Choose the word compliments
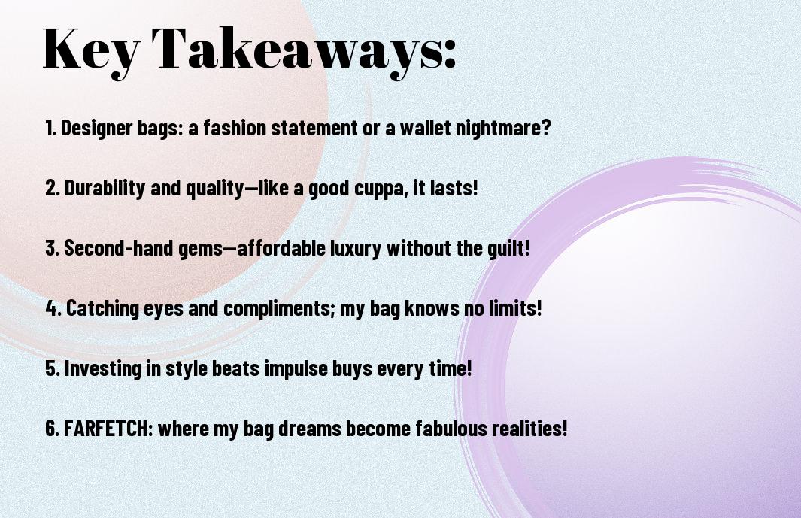(x=279, y=309)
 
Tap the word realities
(x=529, y=428)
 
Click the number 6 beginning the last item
(x=52, y=428)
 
